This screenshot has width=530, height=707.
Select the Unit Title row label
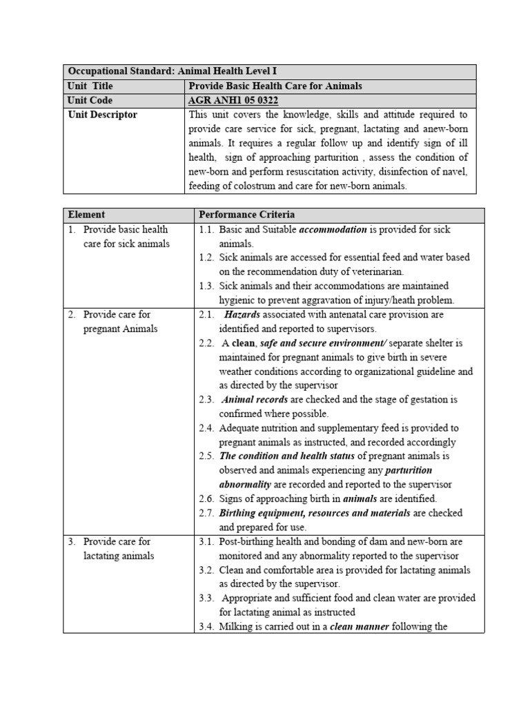[90, 86]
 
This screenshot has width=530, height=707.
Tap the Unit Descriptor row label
[102, 115]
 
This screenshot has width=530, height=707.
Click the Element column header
[86, 215]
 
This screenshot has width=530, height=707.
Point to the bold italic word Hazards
[242, 314]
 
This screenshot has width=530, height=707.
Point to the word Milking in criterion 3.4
[237, 627]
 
